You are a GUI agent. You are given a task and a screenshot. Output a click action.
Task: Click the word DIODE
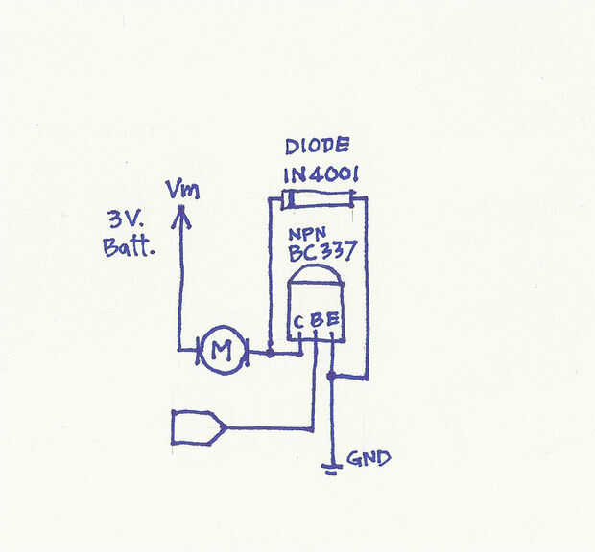pyautogui.click(x=318, y=147)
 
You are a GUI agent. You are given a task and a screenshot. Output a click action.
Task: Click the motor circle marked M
pyautogui.click(x=222, y=352)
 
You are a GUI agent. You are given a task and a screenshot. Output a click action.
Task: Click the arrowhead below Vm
pyautogui.click(x=178, y=219)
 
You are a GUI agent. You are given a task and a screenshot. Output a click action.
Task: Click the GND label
pyautogui.click(x=369, y=458)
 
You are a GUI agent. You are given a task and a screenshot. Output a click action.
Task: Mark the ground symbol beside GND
pyautogui.click(x=332, y=468)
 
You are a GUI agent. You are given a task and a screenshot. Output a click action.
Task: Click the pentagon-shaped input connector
pyautogui.click(x=198, y=427)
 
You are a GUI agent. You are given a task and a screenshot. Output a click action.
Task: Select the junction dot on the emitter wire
pyautogui.click(x=332, y=377)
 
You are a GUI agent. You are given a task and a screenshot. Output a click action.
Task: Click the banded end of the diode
pyautogui.click(x=286, y=201)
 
